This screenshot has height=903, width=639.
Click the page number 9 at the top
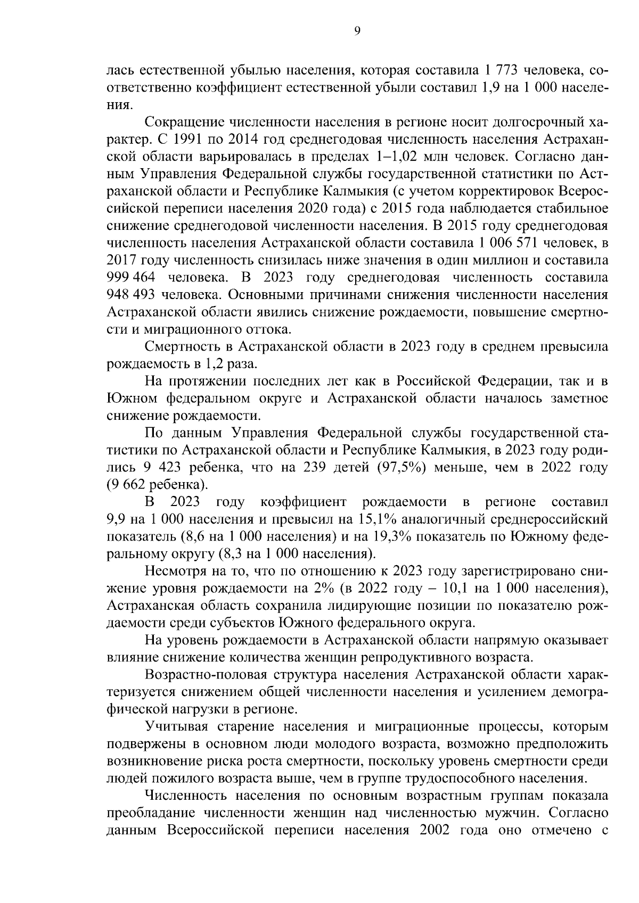click(x=357, y=31)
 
